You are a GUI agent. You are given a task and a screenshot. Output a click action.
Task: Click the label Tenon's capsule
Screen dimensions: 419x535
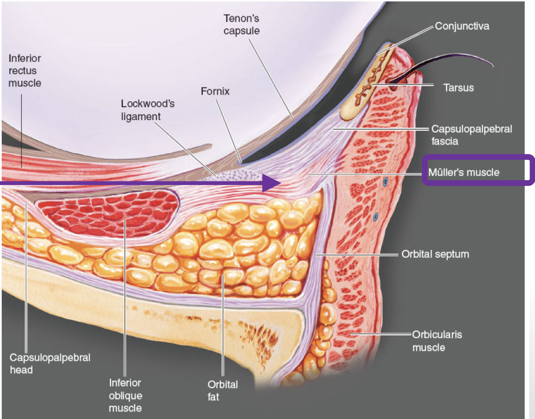[x=241, y=24]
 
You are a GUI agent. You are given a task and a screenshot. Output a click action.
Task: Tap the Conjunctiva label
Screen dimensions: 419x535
[x=462, y=26]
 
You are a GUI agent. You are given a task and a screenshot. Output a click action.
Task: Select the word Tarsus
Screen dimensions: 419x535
[x=458, y=88]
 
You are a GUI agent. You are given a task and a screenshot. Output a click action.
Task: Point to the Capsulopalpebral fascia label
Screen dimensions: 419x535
[x=471, y=135]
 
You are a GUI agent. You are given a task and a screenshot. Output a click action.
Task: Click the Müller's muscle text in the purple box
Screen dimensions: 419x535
[x=463, y=172]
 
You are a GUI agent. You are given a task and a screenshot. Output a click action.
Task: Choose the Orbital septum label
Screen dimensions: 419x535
[x=435, y=254]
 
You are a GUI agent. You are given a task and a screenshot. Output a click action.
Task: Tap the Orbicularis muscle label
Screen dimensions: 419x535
[x=436, y=341]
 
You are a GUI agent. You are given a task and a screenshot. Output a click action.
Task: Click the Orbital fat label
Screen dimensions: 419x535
[x=222, y=390]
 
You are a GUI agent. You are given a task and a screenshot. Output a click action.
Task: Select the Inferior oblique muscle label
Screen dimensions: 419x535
[x=125, y=395]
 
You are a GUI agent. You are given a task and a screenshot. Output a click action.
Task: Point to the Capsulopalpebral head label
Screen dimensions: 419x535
[x=50, y=363]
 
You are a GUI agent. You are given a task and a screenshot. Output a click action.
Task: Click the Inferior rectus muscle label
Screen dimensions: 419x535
[x=25, y=70]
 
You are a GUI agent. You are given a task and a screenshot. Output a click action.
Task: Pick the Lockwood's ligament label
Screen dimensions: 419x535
[x=147, y=110]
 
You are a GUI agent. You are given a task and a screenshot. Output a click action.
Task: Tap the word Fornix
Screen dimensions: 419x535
[x=215, y=91]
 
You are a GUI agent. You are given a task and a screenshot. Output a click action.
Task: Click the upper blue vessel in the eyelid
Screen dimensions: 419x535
[x=385, y=182]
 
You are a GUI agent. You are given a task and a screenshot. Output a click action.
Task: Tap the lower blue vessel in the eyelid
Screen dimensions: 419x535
[x=375, y=217]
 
